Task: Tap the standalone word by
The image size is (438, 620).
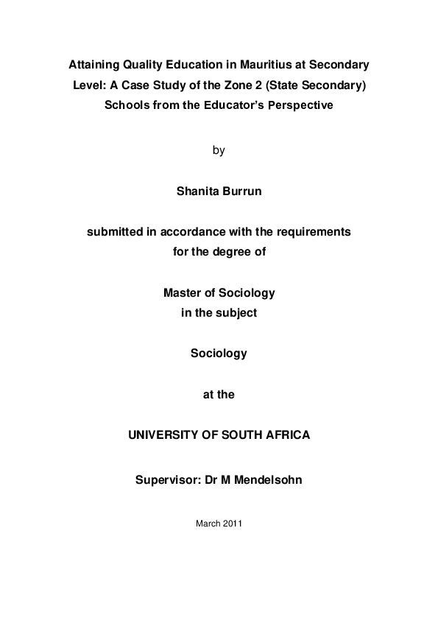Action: click(x=219, y=150)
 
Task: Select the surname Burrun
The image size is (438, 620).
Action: click(x=241, y=191)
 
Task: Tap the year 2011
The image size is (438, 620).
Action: click(x=232, y=524)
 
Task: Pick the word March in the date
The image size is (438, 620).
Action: click(x=207, y=524)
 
